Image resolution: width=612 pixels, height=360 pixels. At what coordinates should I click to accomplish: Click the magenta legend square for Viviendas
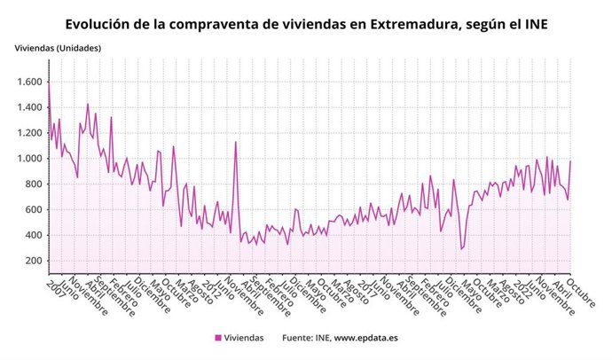[218, 338]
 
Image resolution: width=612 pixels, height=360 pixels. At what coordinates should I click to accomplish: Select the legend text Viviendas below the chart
[245, 338]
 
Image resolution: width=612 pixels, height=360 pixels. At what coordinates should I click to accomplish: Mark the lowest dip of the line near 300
[461, 248]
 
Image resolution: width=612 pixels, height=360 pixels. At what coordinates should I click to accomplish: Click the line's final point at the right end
[571, 160]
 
